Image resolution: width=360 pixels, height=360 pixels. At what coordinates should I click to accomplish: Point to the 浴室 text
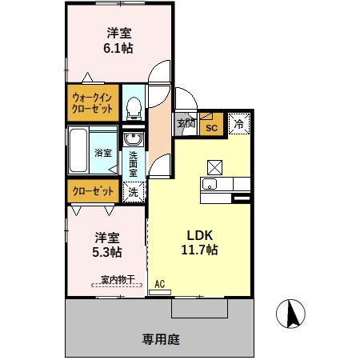(103, 153)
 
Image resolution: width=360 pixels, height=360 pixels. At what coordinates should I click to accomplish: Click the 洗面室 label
(134, 165)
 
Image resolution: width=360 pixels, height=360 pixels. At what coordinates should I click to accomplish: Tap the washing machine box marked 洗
(134, 192)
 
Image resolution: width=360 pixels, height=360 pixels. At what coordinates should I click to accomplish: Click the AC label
(159, 283)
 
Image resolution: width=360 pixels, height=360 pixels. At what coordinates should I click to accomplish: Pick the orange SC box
(212, 126)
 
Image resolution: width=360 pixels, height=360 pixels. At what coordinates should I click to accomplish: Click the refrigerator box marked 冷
(239, 124)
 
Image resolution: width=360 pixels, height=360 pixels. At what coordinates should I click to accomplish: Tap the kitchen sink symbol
(210, 186)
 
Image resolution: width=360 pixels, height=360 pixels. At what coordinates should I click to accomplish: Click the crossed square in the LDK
(215, 166)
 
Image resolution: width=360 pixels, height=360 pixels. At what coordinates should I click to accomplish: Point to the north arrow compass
(292, 315)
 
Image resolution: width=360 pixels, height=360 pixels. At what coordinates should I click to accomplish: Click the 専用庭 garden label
(160, 340)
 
